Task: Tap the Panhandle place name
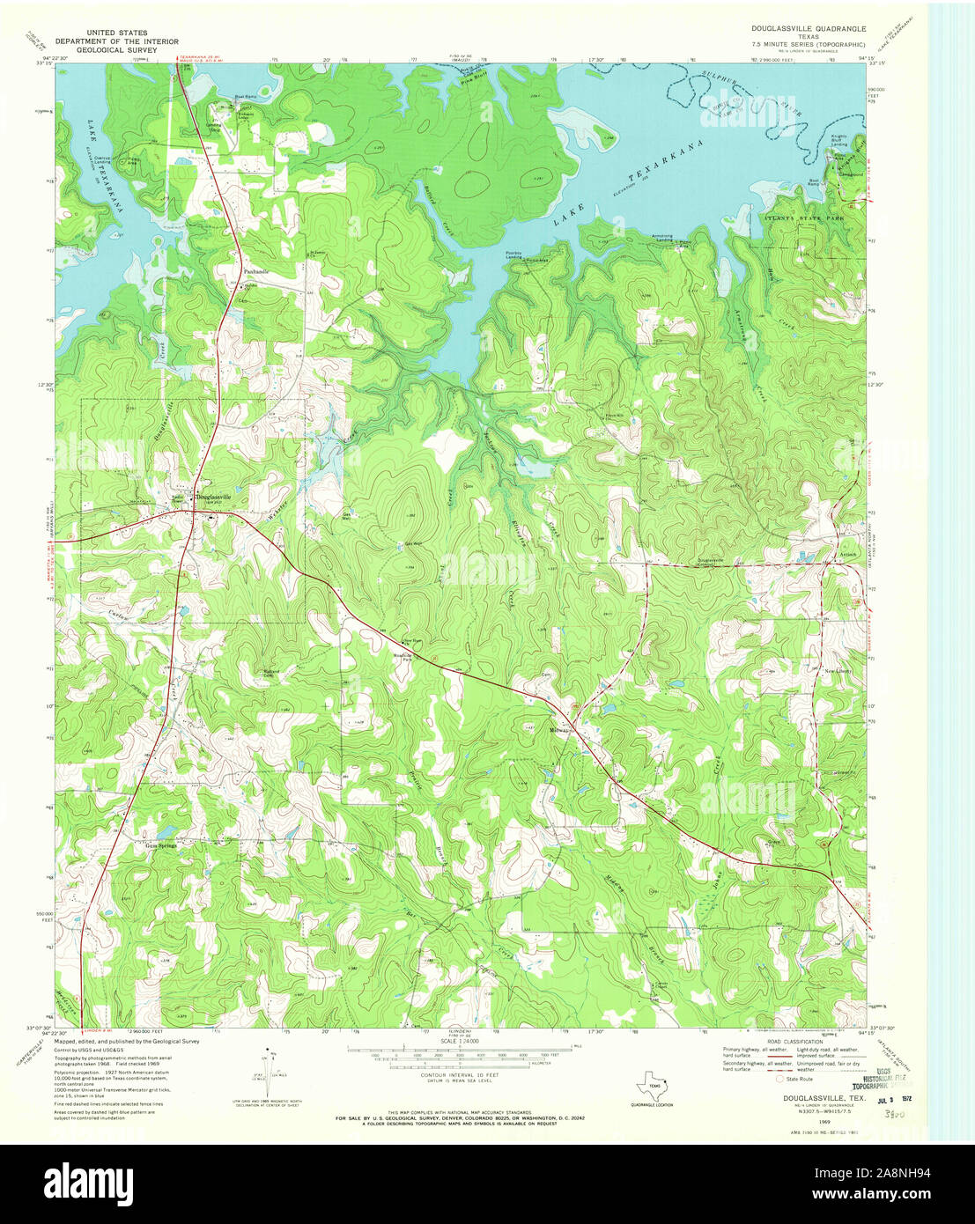255,272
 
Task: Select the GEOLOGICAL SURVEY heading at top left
116,50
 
